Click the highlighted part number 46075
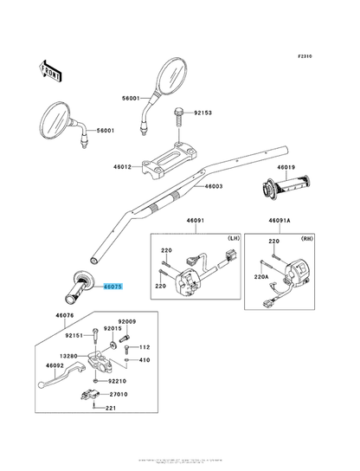point(113,285)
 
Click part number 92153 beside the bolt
point(202,113)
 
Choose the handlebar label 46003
point(213,186)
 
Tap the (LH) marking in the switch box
point(232,238)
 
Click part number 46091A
point(280,221)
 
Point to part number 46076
point(65,317)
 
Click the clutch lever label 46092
point(55,366)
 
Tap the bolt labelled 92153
point(179,113)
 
